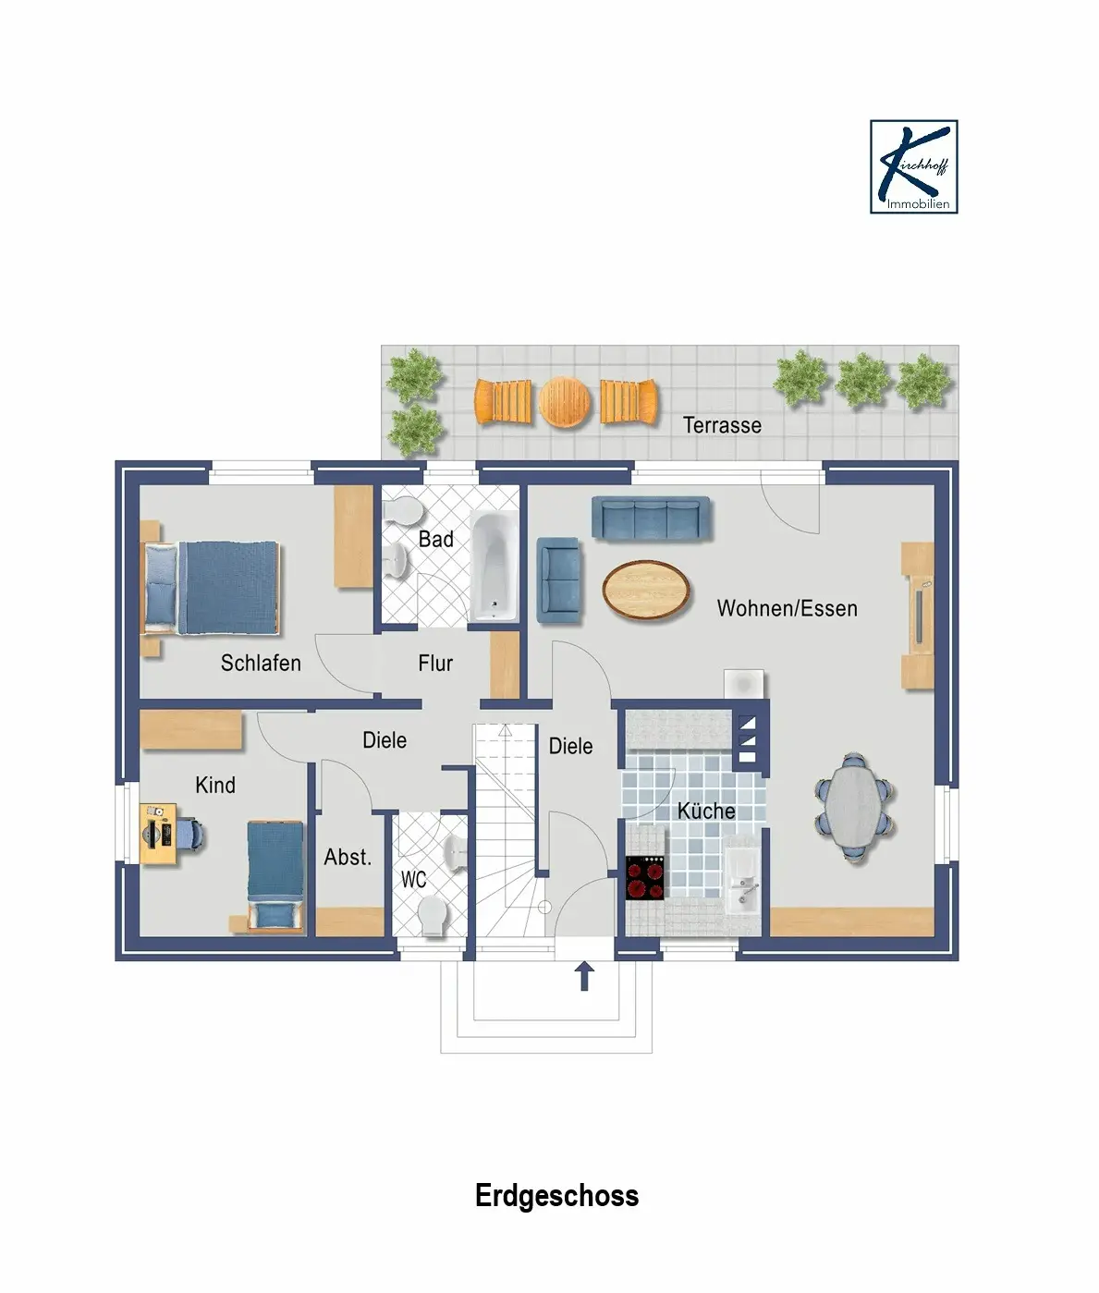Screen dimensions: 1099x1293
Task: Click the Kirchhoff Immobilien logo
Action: point(914,167)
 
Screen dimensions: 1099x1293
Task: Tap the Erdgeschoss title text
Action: point(556,1195)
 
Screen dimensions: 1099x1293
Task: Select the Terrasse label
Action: point(722,425)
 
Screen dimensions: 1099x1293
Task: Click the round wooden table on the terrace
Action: point(564,402)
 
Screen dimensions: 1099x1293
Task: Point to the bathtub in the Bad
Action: point(495,567)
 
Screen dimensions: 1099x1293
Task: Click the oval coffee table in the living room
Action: point(646,590)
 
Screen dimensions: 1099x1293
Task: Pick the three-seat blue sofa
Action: point(651,518)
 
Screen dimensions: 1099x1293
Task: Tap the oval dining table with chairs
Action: point(854,808)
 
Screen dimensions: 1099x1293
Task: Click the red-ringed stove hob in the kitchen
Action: point(644,878)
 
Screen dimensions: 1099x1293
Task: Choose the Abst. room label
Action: point(348,857)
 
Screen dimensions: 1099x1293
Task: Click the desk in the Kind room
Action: point(158,834)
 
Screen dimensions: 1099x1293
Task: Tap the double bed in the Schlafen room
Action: point(212,588)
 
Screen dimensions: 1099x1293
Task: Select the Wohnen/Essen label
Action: point(787,608)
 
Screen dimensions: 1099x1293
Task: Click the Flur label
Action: point(435,663)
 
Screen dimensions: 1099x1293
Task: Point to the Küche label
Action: point(706,811)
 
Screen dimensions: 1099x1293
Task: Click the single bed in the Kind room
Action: point(275,876)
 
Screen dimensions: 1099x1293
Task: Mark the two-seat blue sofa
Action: point(558,579)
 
